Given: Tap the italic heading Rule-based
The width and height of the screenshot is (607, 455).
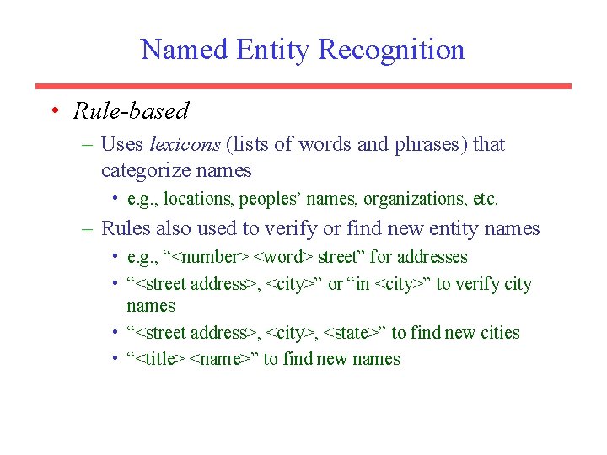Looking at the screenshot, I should click(x=131, y=110).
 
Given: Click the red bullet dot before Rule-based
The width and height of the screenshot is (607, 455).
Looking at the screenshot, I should click(x=53, y=110).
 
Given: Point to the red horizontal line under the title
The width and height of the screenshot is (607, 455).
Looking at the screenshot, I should click(x=303, y=86).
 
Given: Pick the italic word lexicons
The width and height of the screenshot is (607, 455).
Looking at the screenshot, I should click(x=185, y=144).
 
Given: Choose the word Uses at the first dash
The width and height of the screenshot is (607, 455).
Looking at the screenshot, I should click(x=121, y=144).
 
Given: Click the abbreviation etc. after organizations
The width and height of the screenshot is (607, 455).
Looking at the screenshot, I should click(x=486, y=200).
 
